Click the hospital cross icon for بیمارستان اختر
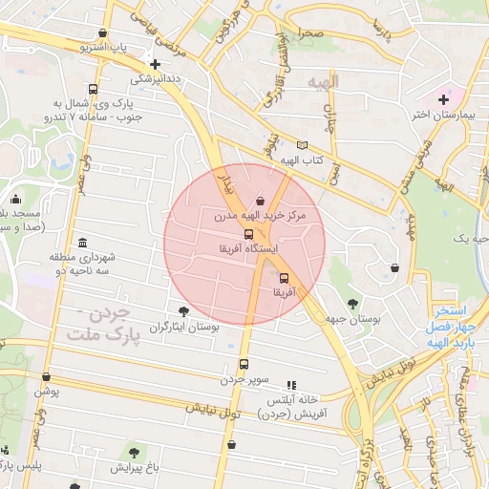[442, 99]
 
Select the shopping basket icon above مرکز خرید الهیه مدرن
[261, 202]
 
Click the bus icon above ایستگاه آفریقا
[249, 234]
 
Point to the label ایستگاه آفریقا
[248, 248]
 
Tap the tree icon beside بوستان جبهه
[353, 304]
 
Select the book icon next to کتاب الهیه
[302, 145]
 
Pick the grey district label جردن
[111, 313]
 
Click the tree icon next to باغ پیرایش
[133, 451]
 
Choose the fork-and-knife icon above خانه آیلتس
[291, 384]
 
